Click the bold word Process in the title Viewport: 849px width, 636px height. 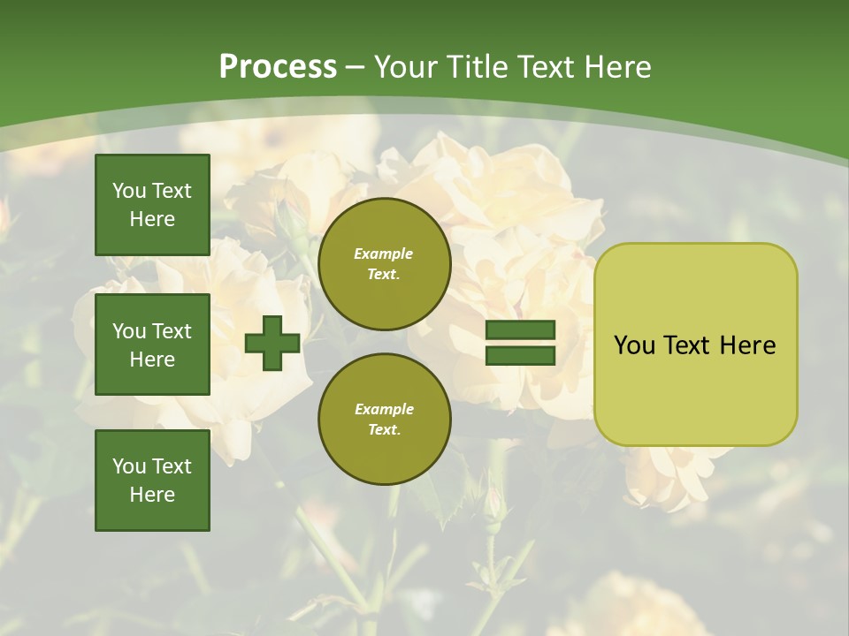point(278,67)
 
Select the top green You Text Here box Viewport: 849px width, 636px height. point(152,205)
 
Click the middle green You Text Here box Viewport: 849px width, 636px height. point(152,344)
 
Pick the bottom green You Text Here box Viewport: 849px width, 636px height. point(152,480)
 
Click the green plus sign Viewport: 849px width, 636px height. point(272,343)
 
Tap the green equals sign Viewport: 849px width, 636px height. point(520,343)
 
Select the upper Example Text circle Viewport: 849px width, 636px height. point(384,263)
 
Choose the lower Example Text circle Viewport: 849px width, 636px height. point(384,419)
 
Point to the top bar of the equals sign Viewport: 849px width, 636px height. point(520,330)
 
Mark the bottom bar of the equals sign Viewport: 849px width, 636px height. point(520,355)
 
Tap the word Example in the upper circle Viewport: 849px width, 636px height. point(384,254)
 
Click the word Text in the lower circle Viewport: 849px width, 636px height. point(384,429)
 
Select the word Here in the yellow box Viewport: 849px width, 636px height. point(748,345)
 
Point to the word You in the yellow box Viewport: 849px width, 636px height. point(633,345)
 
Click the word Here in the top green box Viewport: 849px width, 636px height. point(152,219)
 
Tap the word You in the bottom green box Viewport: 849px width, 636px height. point(129,466)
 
